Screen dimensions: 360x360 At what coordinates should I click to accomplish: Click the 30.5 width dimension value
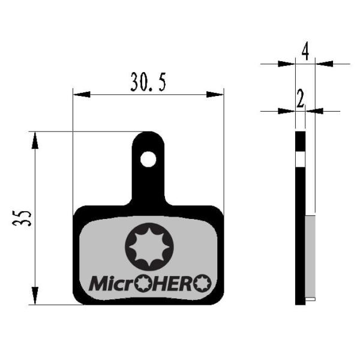point(148,82)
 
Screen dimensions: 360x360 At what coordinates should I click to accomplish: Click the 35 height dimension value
point(22,218)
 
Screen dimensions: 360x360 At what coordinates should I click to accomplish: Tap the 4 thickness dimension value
point(305,50)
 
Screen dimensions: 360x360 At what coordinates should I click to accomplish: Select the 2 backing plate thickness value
point(300,99)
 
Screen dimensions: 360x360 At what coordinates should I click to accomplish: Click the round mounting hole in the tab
point(148,159)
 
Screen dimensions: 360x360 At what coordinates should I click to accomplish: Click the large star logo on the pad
point(149,247)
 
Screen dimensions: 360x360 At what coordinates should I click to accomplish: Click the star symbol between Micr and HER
point(143,284)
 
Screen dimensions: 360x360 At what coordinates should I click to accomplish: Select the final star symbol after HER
point(202,283)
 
